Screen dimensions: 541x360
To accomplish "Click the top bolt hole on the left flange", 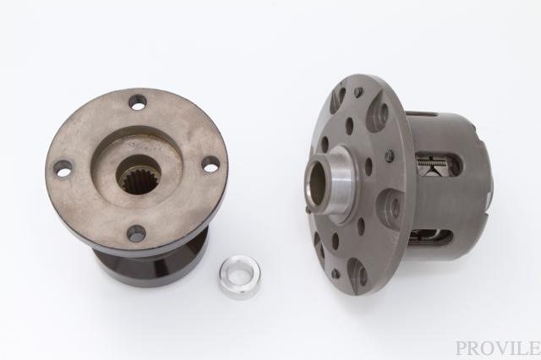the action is coord(138,102).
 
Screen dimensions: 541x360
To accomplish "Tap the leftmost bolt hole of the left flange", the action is coord(63,169).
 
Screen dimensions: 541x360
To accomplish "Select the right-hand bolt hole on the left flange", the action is coord(210,164).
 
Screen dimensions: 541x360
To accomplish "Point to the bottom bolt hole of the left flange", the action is coord(136,234).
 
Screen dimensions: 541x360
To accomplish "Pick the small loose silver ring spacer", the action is coord(239,277).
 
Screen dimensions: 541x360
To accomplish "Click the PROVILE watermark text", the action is coord(498,348).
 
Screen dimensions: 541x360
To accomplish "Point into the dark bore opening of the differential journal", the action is coord(318,182).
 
